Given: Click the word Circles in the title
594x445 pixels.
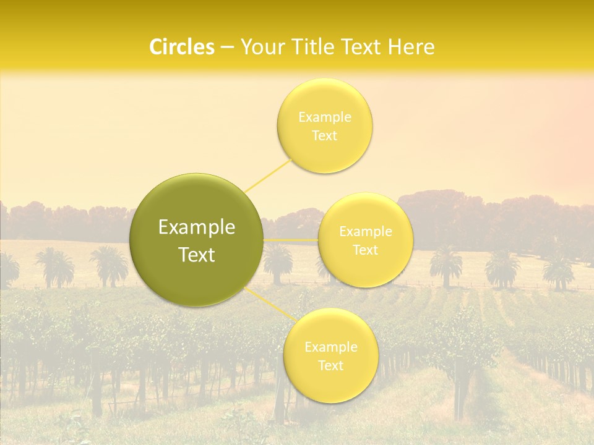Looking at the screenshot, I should [182, 47].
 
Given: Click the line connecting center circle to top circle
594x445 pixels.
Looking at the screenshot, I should [269, 174].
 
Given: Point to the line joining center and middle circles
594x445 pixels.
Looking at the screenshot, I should [291, 240].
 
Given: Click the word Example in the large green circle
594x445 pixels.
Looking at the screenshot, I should [197, 227].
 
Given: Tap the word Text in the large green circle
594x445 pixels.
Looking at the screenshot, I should [197, 255].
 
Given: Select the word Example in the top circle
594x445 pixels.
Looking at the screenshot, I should [325, 117].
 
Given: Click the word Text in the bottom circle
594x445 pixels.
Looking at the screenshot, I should [330, 365].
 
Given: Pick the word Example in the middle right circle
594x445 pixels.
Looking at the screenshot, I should [366, 232].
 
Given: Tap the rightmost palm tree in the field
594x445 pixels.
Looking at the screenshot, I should [559, 269].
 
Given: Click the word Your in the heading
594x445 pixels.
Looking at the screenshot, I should [259, 47].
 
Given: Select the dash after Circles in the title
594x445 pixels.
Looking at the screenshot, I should [226, 48].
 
